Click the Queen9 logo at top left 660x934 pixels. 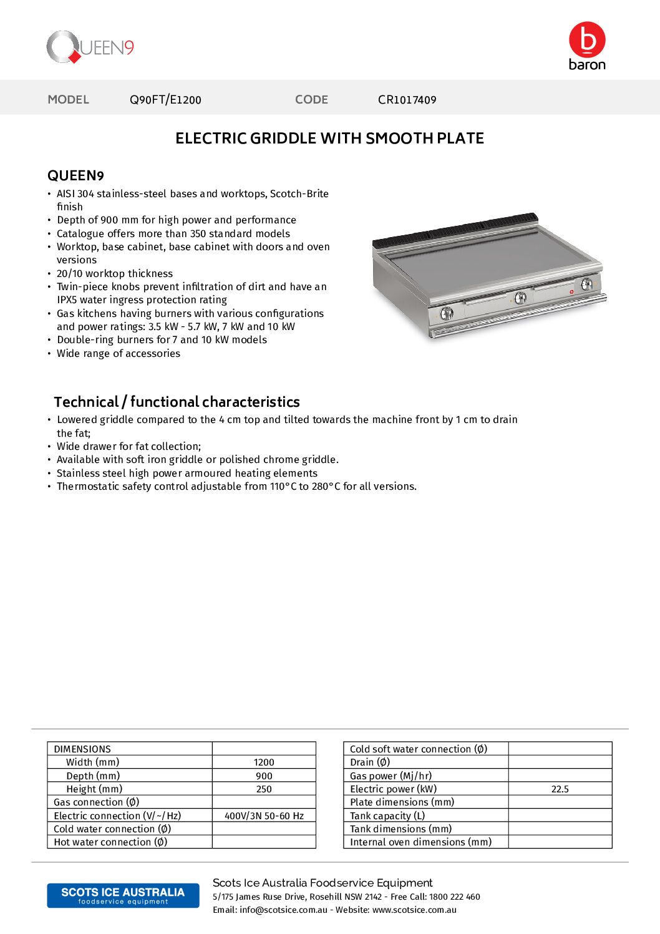pos(90,47)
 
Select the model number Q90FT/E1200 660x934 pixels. pos(165,100)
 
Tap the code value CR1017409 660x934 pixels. pos(407,100)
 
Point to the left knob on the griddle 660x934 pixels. pos(447,313)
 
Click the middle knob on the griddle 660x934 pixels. pos(520,298)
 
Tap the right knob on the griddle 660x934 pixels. pos(586,285)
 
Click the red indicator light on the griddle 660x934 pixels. pos(571,291)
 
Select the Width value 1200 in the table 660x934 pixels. pos(264,762)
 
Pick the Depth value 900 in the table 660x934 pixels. pos(264,776)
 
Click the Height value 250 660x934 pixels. pos(264,789)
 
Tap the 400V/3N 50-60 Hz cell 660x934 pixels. pos(264,816)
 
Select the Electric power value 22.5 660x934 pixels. pos(560,789)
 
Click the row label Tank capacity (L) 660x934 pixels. pos(387,816)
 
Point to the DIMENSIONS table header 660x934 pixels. pos(82,749)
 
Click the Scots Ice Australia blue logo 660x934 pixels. pos(123,895)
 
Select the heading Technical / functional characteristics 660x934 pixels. pos(177,402)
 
